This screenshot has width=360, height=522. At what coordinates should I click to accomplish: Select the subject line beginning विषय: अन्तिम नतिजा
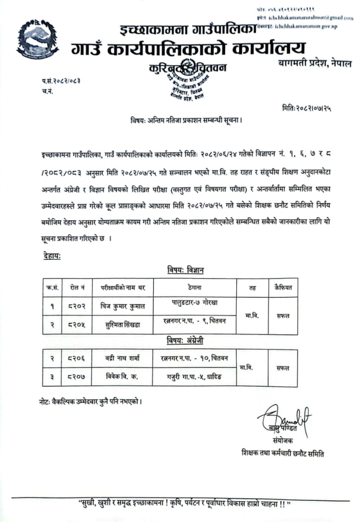[x=183, y=120]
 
